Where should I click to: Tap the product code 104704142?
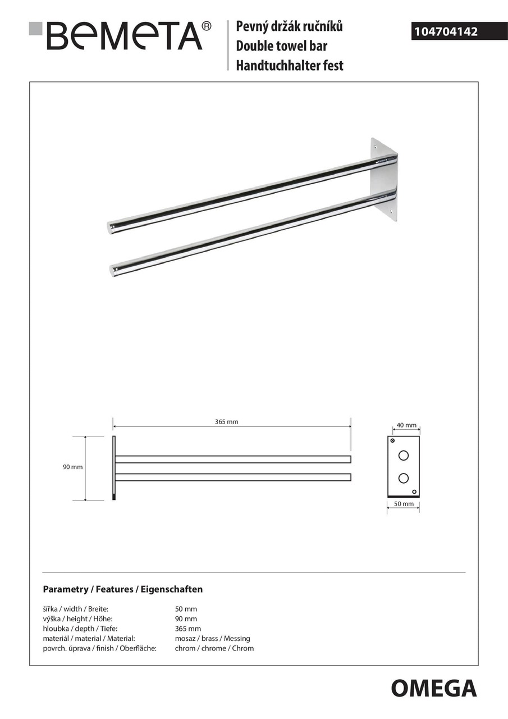(x=445, y=31)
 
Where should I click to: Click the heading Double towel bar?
(x=281, y=46)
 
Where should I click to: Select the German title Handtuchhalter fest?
(x=289, y=66)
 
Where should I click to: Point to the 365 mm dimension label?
(x=226, y=422)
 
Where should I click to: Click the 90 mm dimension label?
(x=73, y=467)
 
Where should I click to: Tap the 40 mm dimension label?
(x=406, y=425)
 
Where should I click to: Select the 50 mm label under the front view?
(x=403, y=504)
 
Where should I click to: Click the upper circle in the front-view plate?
(x=403, y=455)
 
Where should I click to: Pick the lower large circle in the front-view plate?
(x=403, y=478)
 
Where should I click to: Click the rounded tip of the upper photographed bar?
(x=110, y=227)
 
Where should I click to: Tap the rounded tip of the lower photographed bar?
(x=112, y=270)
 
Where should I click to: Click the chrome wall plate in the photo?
(x=384, y=179)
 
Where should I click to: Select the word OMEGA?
(x=433, y=688)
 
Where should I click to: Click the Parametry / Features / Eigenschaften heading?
(x=123, y=589)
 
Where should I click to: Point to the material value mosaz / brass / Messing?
(x=212, y=638)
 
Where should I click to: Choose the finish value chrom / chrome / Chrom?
(x=214, y=648)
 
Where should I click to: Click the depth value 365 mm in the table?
(x=187, y=629)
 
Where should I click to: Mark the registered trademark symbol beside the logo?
(x=207, y=26)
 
